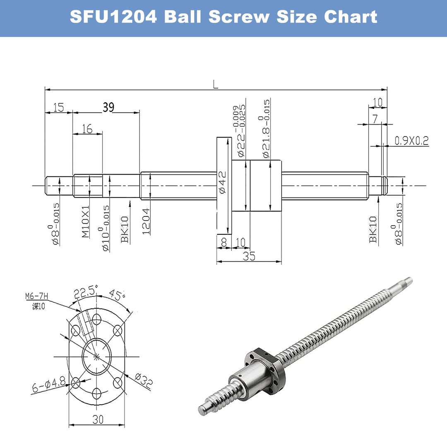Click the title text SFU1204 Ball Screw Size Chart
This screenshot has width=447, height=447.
point(223,17)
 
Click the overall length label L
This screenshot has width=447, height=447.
point(215,84)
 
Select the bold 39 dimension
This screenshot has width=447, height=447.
point(108,107)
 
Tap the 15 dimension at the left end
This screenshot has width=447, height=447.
point(58,108)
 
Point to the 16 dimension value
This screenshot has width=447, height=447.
point(87,129)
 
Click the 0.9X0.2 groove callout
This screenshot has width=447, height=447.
point(411,141)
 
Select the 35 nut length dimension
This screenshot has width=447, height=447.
point(249,256)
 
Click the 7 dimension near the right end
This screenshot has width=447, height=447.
point(375,119)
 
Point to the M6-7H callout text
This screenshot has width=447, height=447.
point(36,296)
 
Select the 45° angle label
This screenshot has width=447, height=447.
point(117,296)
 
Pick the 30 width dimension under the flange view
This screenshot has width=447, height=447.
point(98,419)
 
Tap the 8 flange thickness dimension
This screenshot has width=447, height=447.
point(224,242)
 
